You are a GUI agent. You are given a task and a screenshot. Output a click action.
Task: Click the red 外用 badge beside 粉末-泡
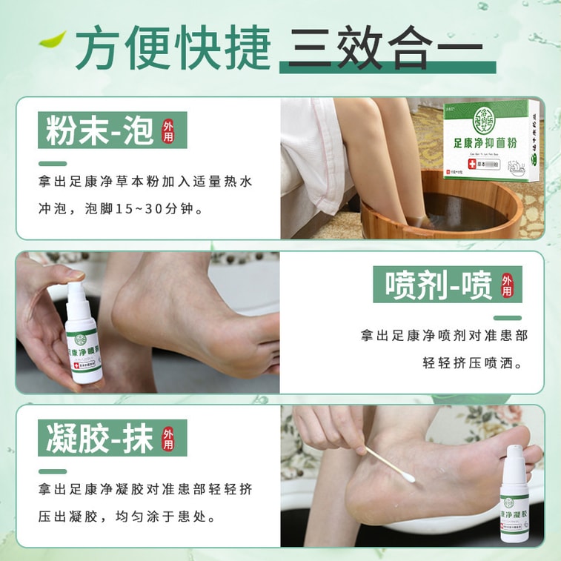169,131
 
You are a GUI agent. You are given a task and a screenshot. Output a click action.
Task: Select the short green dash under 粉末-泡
53,164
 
